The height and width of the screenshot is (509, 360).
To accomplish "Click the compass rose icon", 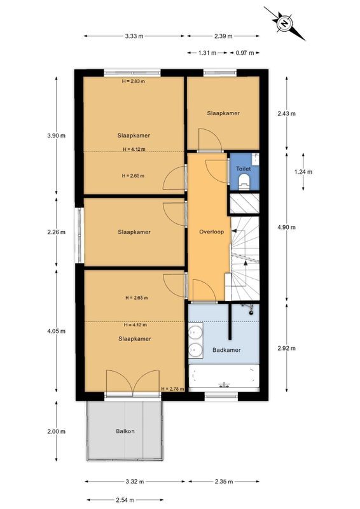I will [x=286, y=23].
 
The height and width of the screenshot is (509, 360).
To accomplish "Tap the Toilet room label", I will [x=244, y=169].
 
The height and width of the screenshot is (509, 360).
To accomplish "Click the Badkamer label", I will [x=225, y=349].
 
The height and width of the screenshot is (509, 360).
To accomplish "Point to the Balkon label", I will [x=125, y=431].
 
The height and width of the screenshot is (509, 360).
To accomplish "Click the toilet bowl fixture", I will [x=243, y=183].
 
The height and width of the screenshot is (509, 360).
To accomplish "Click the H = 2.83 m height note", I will [x=134, y=81].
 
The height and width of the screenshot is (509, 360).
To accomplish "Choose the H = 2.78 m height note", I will [x=172, y=389].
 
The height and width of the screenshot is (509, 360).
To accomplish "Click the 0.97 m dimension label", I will [x=246, y=53].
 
